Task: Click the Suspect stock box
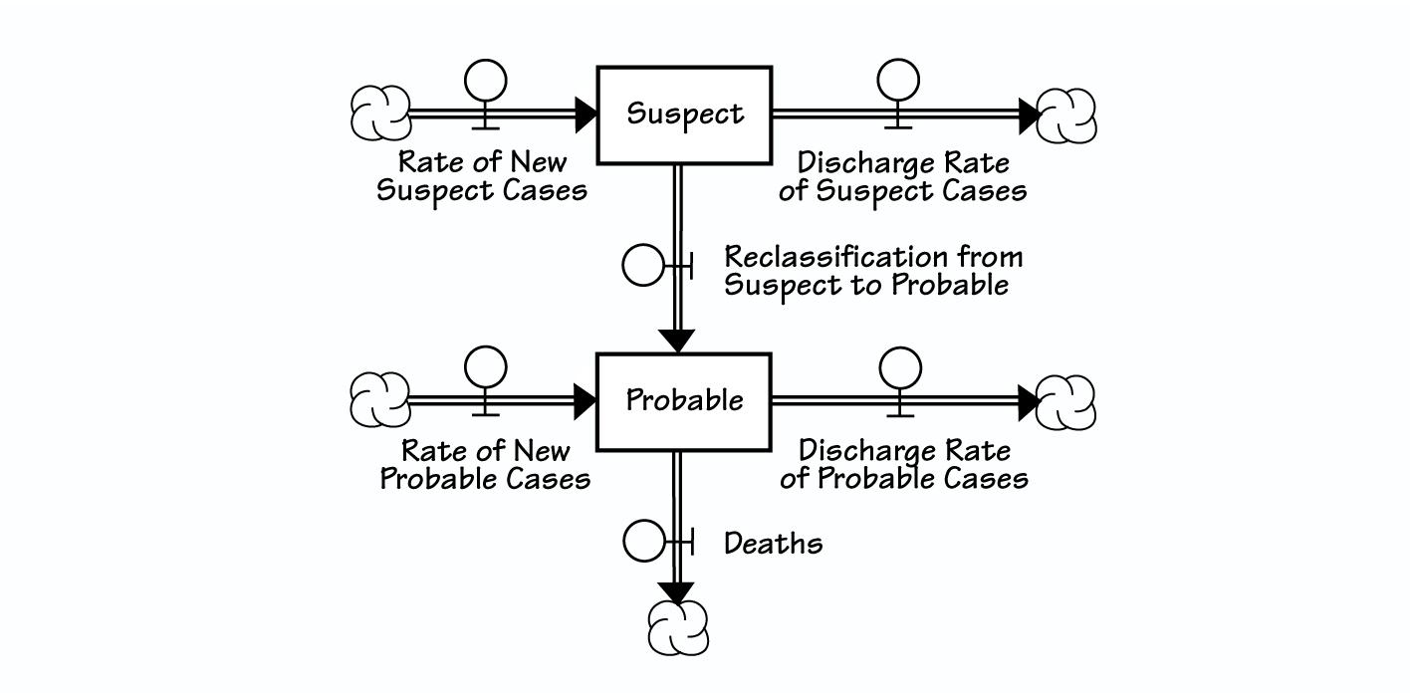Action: coord(684,115)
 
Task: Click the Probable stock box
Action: coord(684,400)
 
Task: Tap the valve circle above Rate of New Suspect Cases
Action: coord(486,80)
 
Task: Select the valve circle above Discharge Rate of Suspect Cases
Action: coord(898,80)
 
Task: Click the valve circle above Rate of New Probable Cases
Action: coord(486,366)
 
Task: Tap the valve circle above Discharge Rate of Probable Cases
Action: coord(900,366)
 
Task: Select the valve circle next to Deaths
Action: coord(642,543)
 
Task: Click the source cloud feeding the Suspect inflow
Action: coord(380,113)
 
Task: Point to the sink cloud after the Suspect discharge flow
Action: coord(1066,115)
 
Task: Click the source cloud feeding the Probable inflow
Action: coord(380,399)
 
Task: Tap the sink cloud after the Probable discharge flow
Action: coord(1066,401)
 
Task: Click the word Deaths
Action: coord(773,544)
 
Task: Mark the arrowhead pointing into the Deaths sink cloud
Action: coord(677,591)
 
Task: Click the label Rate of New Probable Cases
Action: coord(486,465)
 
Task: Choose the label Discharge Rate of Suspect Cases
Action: coord(902,177)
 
